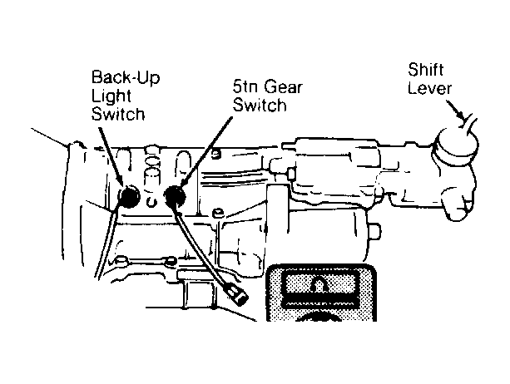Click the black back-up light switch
pyautogui.click(x=130, y=197)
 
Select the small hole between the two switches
pyautogui.click(x=150, y=201)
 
